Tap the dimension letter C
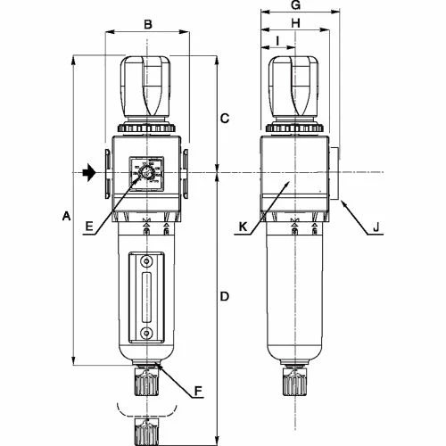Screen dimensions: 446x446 (225, 118)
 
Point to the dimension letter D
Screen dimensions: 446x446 (225, 295)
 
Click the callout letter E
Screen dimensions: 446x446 (88, 227)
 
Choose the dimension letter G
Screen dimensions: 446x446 (297, 5)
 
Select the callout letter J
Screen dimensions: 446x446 (376, 227)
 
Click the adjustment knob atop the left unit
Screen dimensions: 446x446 (146, 89)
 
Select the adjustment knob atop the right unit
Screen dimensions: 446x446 (295, 89)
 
